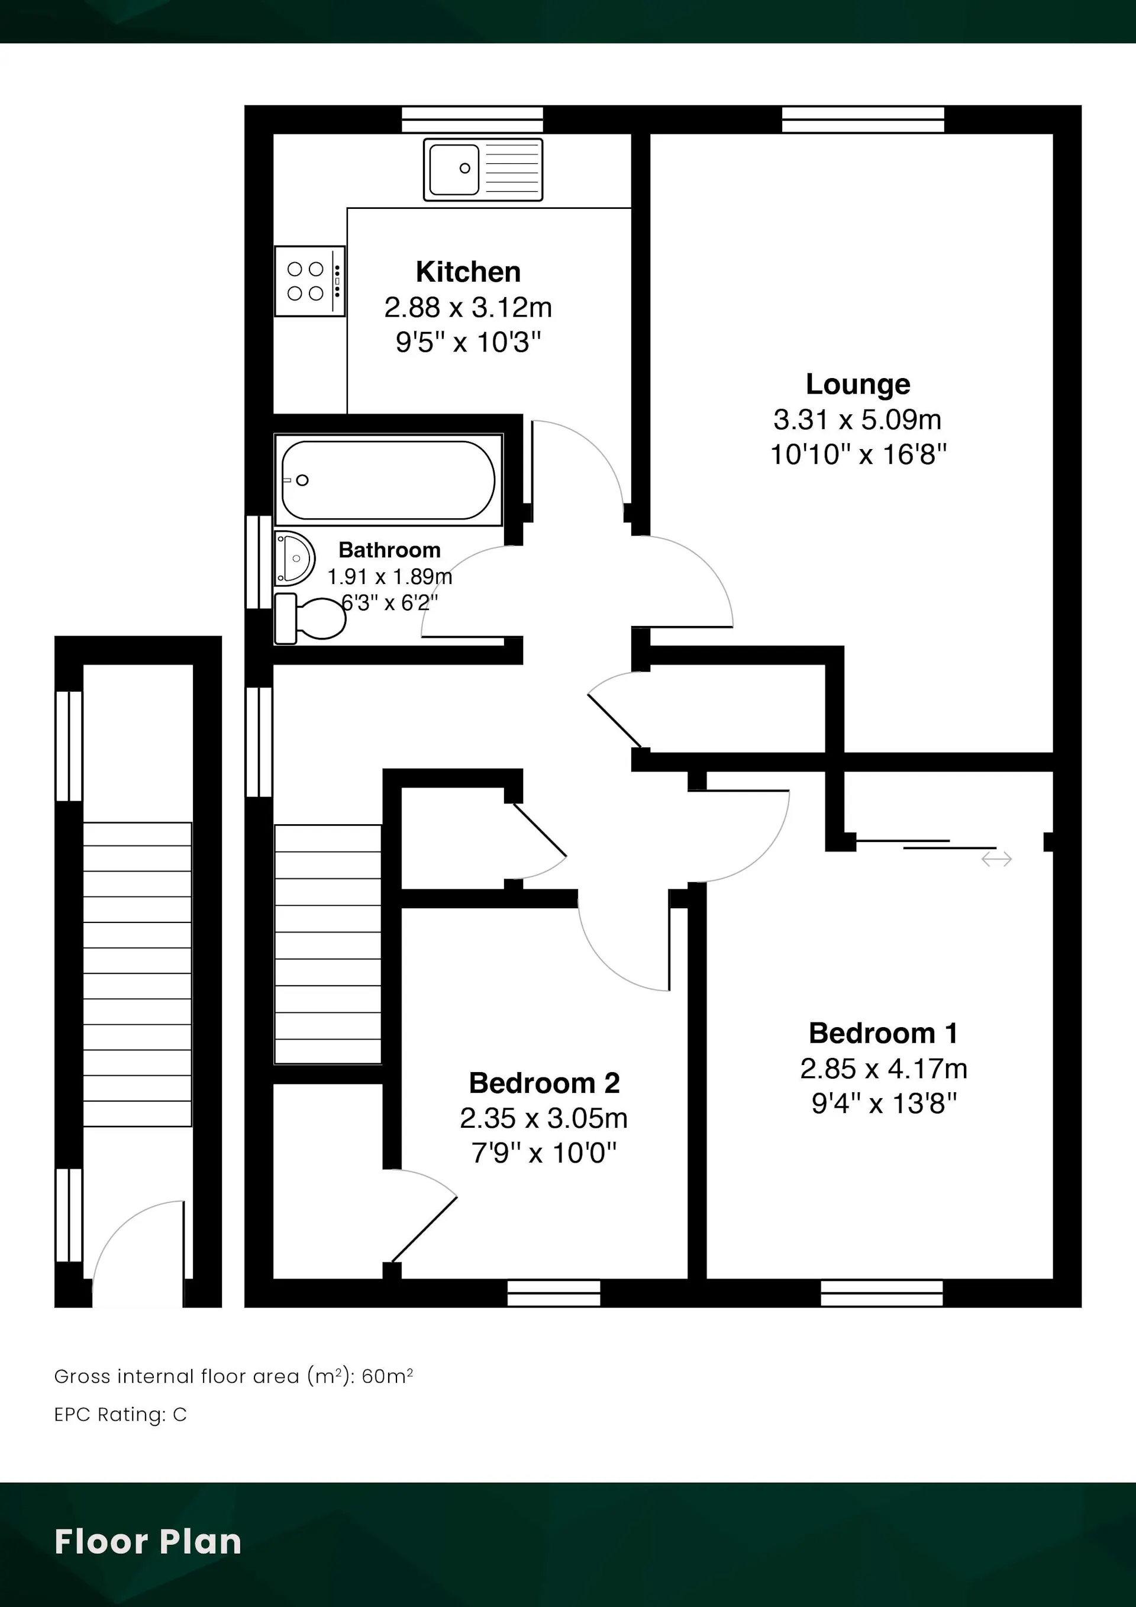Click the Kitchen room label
(x=468, y=272)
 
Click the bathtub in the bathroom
(x=389, y=480)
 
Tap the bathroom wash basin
(x=294, y=558)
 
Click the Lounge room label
(x=858, y=384)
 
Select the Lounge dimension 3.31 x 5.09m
(x=857, y=420)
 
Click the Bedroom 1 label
(x=883, y=1033)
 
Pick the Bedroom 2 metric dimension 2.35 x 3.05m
(x=544, y=1118)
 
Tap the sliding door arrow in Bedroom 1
(x=997, y=859)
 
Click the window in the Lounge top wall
(x=863, y=120)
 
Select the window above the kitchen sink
(x=473, y=120)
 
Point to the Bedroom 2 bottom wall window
(x=554, y=1293)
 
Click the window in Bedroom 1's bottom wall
(x=882, y=1293)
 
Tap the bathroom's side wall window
(x=259, y=562)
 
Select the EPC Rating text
(x=120, y=1415)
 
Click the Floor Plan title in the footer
(x=148, y=1542)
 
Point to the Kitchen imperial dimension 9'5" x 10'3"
(x=468, y=342)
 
